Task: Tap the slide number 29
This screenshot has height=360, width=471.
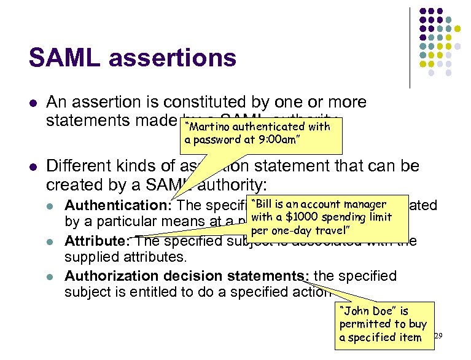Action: [438, 336]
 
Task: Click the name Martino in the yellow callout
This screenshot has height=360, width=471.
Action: [204, 127]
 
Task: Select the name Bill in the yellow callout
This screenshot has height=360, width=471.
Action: [266, 205]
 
